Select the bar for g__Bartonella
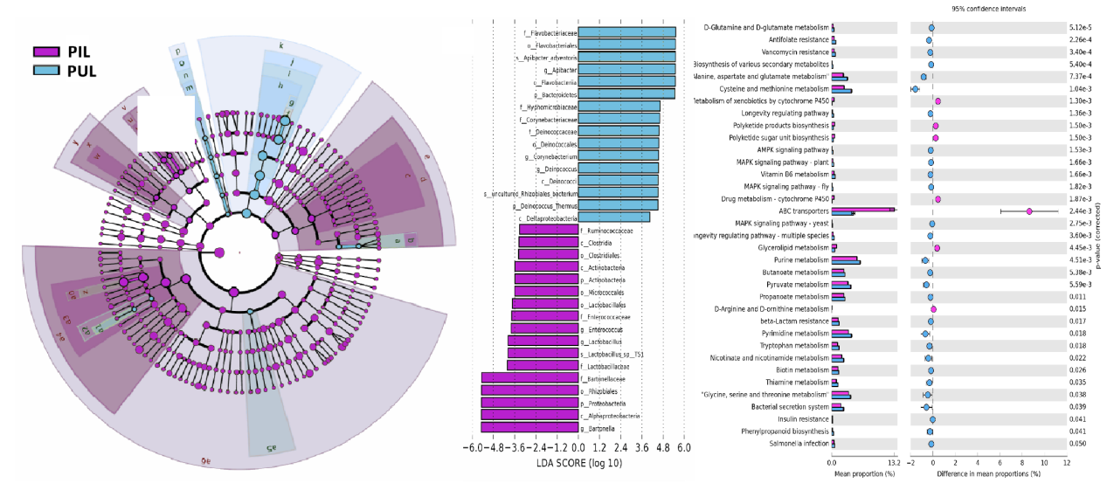tap(529, 427)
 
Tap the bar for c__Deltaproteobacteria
tap(614, 217)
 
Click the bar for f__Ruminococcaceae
tap(549, 230)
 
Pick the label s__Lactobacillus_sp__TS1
tap(612, 354)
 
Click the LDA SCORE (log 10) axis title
tap(579, 463)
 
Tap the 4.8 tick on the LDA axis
tap(663, 447)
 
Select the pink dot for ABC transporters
tap(1030, 211)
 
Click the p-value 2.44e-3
tap(1080, 211)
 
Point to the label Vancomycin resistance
tap(796, 52)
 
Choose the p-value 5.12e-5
tap(1080, 27)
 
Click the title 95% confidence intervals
tap(989, 9)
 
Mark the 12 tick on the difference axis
tap(1067, 462)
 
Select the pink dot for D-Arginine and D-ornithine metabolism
tap(933, 309)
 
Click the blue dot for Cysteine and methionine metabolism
tap(916, 89)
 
